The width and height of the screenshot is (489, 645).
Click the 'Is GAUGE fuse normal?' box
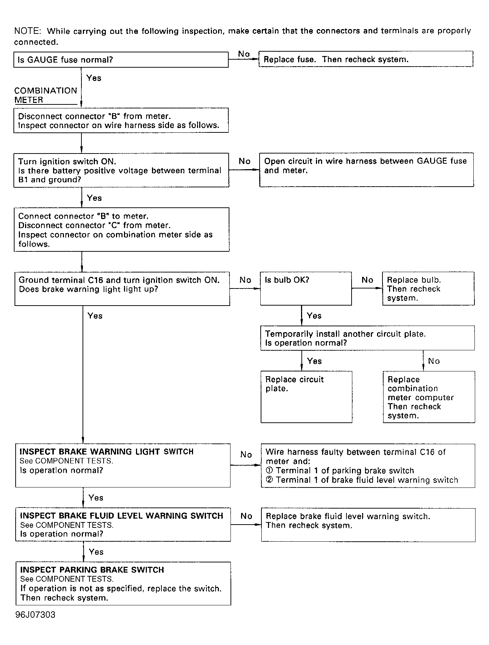click(121, 60)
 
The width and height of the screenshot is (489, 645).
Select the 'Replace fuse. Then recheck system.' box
click(366, 59)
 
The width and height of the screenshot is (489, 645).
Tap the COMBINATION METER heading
click(45, 95)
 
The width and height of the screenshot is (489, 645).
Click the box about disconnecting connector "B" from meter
click(121, 120)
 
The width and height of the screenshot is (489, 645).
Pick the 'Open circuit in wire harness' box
click(366, 170)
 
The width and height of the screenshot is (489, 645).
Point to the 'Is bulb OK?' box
click(306, 288)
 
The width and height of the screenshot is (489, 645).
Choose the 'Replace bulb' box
click(428, 288)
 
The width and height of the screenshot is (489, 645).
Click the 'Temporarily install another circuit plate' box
click(367, 338)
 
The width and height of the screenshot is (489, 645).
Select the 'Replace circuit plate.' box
click(306, 397)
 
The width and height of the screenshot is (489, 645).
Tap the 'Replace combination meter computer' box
click(429, 397)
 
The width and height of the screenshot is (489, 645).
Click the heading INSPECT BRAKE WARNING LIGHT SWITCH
click(106, 452)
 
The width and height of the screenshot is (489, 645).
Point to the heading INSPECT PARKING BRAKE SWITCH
click(92, 570)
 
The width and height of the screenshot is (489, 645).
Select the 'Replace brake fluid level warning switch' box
click(368, 525)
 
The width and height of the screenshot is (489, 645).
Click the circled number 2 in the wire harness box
click(269, 480)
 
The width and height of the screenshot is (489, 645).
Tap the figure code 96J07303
click(35, 615)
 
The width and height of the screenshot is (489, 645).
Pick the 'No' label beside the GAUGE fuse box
click(244, 54)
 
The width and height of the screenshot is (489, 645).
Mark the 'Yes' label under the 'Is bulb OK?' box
click(314, 316)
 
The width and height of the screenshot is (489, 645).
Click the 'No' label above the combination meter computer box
click(434, 361)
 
